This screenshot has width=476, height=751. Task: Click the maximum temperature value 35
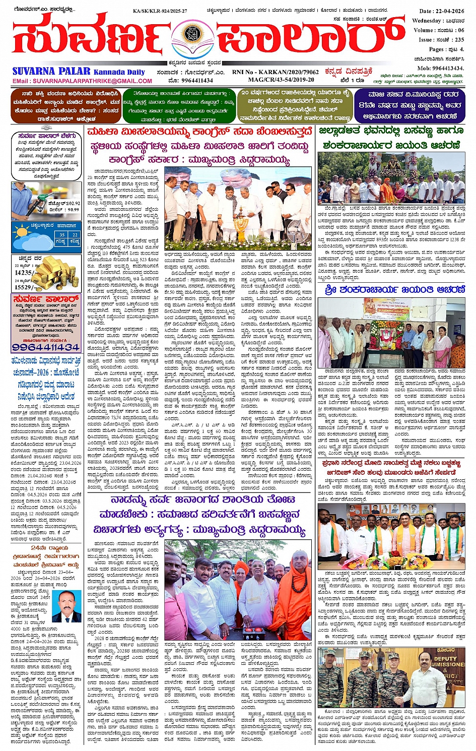(x=62, y=235)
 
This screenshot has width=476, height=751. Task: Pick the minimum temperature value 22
(x=75, y=235)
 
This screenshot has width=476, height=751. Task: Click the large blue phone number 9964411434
(x=46, y=348)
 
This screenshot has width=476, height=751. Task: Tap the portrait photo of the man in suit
(x=67, y=606)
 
